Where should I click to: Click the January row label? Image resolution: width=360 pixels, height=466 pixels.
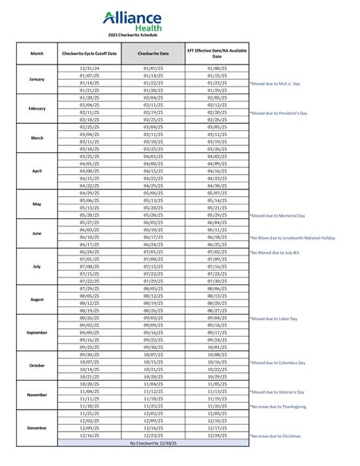coord(37,79)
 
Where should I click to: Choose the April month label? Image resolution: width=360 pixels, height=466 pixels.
coord(37,171)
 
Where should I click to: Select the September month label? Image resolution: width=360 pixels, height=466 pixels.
coord(37,333)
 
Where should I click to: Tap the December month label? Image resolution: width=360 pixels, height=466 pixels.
coord(37,428)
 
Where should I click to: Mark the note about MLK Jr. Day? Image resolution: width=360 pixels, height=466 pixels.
coord(280,83)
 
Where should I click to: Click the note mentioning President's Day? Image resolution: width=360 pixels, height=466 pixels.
coord(283,113)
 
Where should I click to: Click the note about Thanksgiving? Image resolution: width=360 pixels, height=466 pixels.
coord(283,406)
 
